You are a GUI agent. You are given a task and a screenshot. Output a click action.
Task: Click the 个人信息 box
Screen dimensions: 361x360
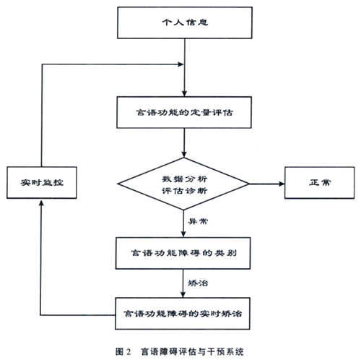(185, 22)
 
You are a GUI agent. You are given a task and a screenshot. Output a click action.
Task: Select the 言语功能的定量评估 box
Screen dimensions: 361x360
(184, 112)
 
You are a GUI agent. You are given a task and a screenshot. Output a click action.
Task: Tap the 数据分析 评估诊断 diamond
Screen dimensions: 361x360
(183, 184)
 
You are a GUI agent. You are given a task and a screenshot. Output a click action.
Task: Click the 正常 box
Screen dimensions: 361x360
(320, 183)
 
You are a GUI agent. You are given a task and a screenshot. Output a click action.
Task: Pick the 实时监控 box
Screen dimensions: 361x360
(42, 182)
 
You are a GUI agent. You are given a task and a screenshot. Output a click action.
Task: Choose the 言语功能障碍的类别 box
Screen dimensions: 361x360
(183, 253)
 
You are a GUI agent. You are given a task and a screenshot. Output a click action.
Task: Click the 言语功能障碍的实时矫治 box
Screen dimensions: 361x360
(183, 314)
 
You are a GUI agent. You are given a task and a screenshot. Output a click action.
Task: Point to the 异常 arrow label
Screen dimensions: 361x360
(198, 221)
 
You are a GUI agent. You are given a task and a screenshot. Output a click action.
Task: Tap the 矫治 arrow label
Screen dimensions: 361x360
(198, 283)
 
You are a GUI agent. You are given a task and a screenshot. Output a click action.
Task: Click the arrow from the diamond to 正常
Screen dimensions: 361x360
(267, 184)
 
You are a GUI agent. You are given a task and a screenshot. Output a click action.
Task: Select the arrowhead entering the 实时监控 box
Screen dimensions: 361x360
(41, 204)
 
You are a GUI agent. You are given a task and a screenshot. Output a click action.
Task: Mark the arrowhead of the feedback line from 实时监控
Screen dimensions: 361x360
(180, 64)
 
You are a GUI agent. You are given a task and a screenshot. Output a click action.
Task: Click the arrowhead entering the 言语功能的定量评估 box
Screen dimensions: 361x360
(184, 93)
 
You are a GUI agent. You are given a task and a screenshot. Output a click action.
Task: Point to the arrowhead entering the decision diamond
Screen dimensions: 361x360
(184, 155)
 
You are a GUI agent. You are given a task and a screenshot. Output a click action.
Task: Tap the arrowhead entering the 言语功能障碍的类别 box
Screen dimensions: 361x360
(183, 234)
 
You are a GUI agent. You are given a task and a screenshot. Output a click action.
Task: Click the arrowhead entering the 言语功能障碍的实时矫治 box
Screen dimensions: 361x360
(183, 295)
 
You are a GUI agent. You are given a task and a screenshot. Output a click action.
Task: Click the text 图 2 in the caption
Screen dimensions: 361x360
(123, 351)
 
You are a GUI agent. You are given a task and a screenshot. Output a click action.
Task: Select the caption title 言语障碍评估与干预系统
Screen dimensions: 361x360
(192, 351)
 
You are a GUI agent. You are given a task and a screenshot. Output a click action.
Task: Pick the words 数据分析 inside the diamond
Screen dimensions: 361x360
(184, 179)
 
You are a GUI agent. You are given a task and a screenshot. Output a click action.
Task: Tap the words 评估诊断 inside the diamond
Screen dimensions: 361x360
(184, 191)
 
